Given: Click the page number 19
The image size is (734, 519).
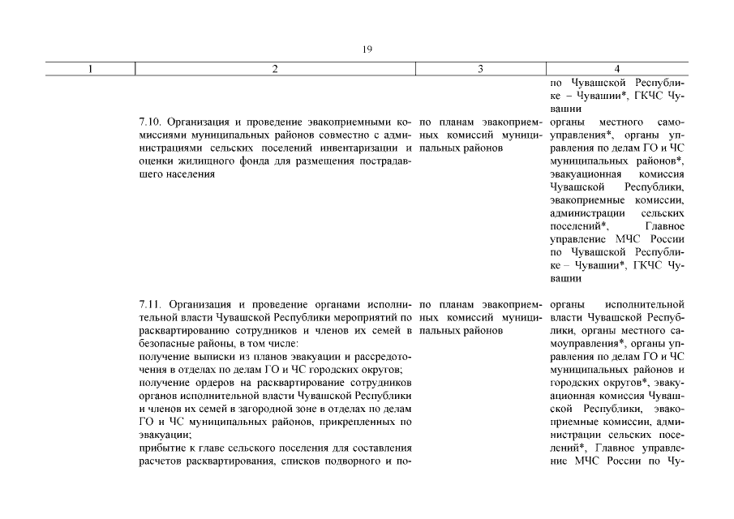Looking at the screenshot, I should (x=367, y=49).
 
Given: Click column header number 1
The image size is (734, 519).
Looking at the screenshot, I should (x=89, y=70).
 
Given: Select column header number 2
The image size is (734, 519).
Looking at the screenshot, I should (x=275, y=70).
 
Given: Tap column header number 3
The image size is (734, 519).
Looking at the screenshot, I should (x=480, y=70).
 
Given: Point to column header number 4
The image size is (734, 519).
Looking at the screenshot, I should (x=617, y=70).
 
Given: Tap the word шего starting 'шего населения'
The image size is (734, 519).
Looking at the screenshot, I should (x=152, y=174).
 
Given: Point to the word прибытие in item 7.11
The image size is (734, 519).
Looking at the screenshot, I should (x=161, y=448).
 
